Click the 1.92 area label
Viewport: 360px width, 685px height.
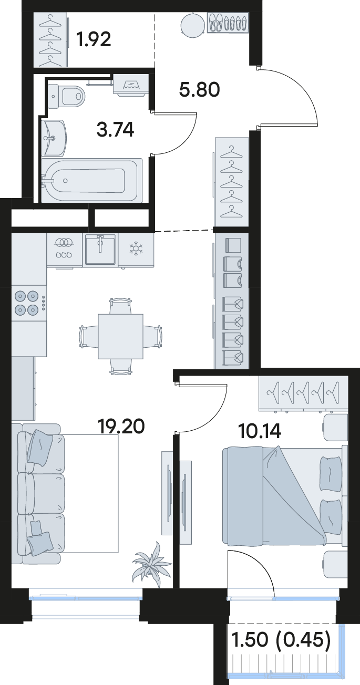click(94, 40)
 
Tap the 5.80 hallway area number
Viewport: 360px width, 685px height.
click(199, 90)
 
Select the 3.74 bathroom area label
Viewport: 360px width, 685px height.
click(115, 129)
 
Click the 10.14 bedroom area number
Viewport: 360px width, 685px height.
click(260, 431)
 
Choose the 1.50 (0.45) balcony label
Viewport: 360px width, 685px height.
click(282, 639)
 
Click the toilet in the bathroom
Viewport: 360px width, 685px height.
click(66, 96)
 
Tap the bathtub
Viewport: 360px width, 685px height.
click(92, 180)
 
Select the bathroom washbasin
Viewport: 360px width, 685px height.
click(54, 138)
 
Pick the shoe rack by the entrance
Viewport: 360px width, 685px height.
click(228, 22)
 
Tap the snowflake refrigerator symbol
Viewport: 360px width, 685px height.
click(135, 248)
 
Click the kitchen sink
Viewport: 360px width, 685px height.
click(100, 249)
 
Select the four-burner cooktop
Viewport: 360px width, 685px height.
click(27, 303)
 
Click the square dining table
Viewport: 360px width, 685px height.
click(120, 336)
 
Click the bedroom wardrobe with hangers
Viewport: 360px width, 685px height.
click(303, 393)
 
